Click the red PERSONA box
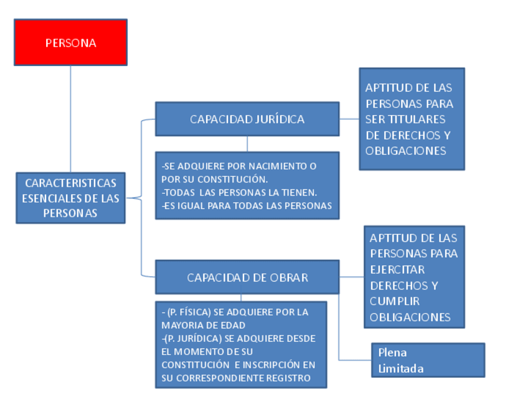tap(70, 42)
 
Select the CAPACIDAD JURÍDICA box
tap(247, 119)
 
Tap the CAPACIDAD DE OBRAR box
tap(247, 278)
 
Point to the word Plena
tap(392, 352)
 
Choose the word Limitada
tap(401, 368)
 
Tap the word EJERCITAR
tap(397, 270)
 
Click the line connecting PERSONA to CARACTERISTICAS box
tap(70, 118)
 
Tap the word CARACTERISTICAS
tap(70, 183)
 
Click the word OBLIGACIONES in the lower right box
tap(410, 317)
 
